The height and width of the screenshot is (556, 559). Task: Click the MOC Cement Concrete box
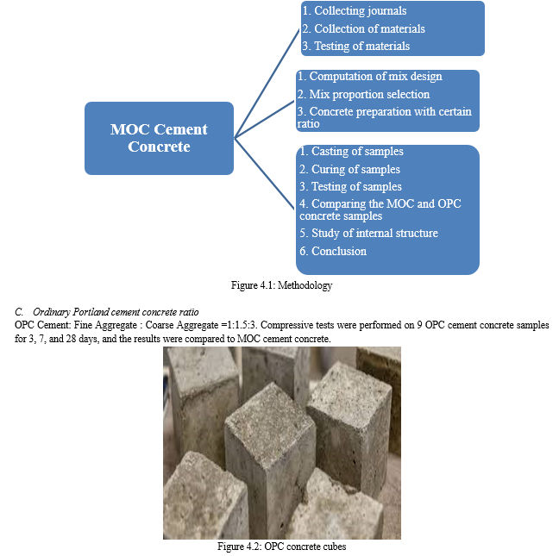(x=159, y=138)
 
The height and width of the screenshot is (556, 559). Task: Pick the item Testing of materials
(x=361, y=46)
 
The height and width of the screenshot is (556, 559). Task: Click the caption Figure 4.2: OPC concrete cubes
(x=281, y=547)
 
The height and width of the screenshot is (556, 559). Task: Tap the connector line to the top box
(x=267, y=78)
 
